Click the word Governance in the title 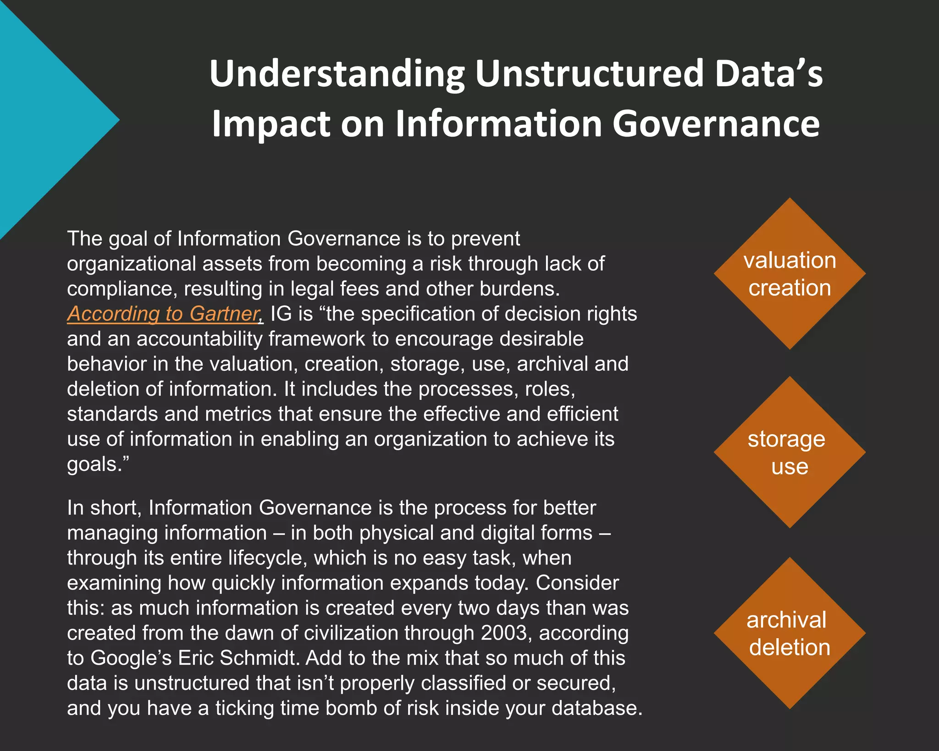coord(716,124)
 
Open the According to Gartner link coord(165,314)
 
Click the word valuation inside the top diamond coord(790,260)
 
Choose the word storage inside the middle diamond coord(786,439)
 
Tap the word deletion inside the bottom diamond coord(790,647)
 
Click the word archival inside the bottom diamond coord(786,620)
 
